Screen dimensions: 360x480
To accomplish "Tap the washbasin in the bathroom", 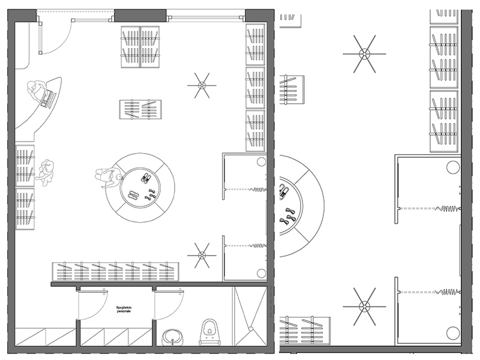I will point(175,338).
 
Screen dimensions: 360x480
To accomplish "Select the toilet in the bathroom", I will point(209,332).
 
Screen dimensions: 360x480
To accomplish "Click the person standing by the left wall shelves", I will point(45,172).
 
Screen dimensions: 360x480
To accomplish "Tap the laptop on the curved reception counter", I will point(47,98).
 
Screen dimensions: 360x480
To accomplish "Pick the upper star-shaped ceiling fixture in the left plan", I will point(202,85).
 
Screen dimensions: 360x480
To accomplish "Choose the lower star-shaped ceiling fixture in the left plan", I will point(202,255).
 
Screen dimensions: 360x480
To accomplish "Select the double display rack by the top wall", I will point(141,47).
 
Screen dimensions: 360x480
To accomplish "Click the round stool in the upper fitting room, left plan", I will point(261,161).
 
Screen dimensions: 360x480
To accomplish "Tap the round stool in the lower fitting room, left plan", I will point(261,273).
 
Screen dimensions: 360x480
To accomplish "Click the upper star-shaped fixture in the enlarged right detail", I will point(364,53).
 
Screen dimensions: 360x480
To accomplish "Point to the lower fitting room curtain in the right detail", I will point(447,292).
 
